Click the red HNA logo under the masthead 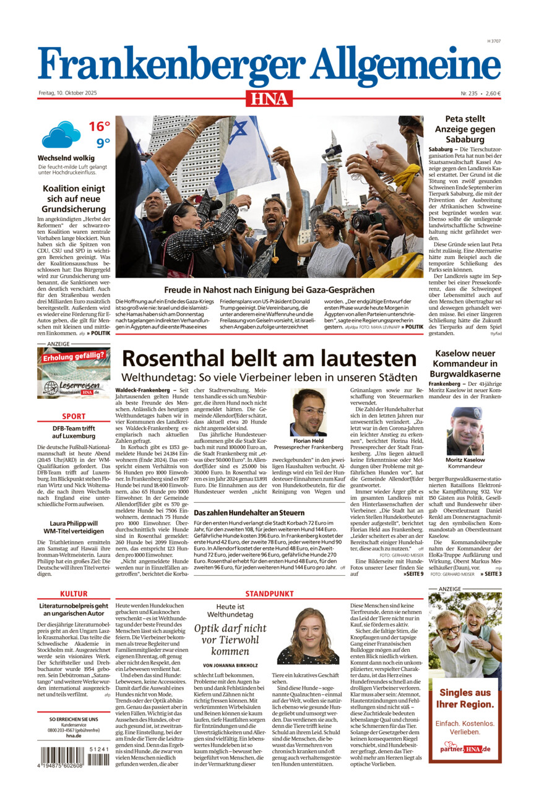coord(269,98)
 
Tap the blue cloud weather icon coord(61,134)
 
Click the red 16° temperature coord(99,127)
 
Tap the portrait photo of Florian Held coord(308,412)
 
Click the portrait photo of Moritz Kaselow coord(465,430)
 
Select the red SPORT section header coord(74,416)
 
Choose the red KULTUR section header coord(74,594)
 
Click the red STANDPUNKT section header coord(269,594)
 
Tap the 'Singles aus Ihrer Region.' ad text coord(465,698)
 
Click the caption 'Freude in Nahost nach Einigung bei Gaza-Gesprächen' coord(269,289)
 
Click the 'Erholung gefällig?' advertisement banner coord(74,372)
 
